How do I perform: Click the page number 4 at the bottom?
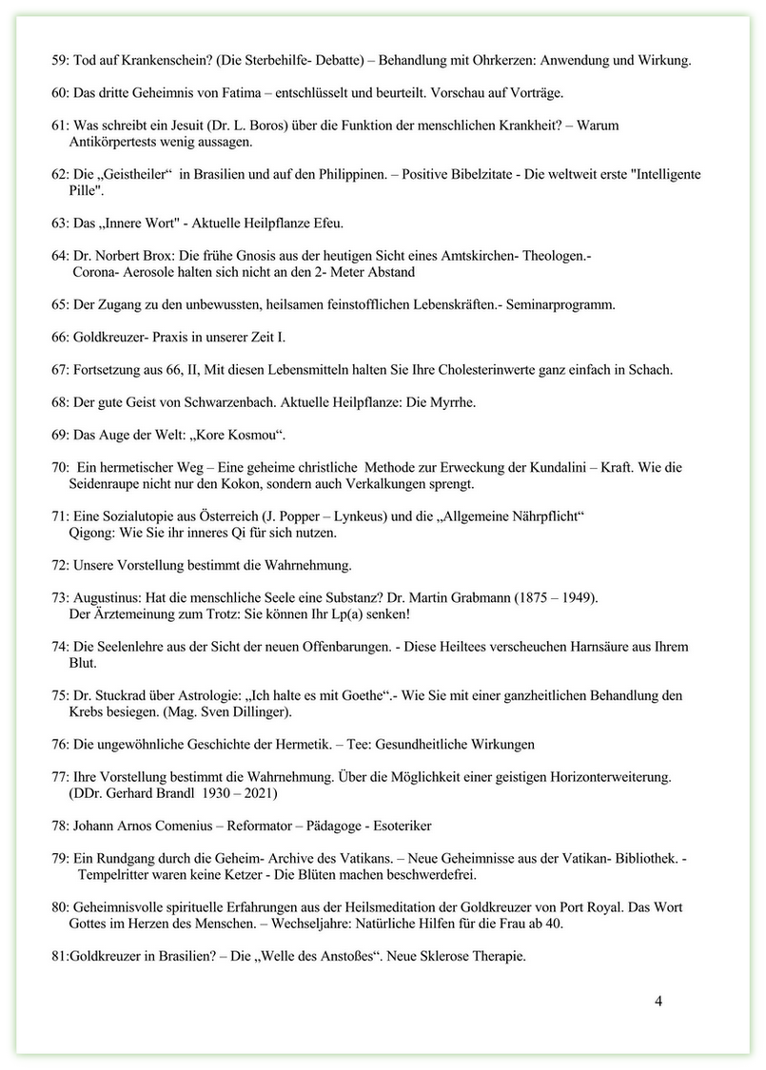658,1002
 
